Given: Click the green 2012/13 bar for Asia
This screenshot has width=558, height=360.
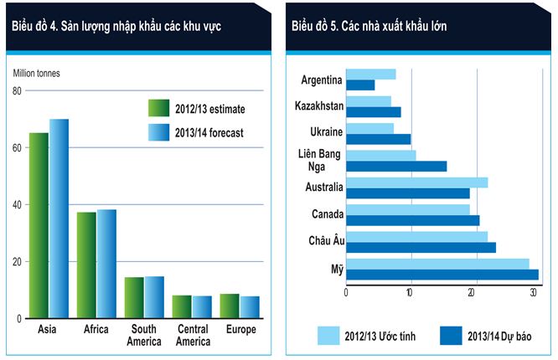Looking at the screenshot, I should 39,225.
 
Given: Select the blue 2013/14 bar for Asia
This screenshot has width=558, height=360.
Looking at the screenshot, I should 59,219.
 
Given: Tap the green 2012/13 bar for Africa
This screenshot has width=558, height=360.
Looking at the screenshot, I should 86,265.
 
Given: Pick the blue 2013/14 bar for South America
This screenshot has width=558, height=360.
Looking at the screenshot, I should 154,296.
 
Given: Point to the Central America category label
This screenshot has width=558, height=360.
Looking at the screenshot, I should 192,335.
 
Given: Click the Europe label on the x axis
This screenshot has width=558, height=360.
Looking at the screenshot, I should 240,329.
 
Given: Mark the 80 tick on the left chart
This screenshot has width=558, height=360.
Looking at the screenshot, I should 17,90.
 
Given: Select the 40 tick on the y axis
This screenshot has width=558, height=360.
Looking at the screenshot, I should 17,204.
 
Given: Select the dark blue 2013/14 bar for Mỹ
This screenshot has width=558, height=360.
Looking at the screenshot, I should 442,274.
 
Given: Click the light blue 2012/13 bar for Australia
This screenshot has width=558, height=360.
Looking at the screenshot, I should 416,183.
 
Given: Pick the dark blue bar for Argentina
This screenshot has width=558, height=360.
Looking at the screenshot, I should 360,85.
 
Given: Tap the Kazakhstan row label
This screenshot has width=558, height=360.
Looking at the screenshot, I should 318,106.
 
